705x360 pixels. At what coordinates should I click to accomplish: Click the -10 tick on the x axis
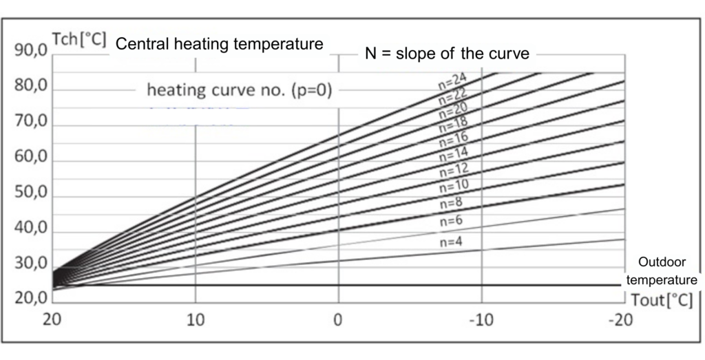(481, 320)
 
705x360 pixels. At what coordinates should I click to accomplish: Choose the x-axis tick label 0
(338, 320)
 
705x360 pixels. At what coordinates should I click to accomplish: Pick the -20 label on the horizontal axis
(622, 320)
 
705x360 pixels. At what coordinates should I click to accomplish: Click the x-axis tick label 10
(196, 320)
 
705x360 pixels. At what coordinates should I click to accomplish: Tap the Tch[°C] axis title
(78, 39)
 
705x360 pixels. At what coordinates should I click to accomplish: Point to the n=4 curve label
(452, 242)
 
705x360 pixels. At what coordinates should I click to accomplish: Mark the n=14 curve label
(452, 151)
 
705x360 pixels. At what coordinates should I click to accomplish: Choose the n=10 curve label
(452, 184)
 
